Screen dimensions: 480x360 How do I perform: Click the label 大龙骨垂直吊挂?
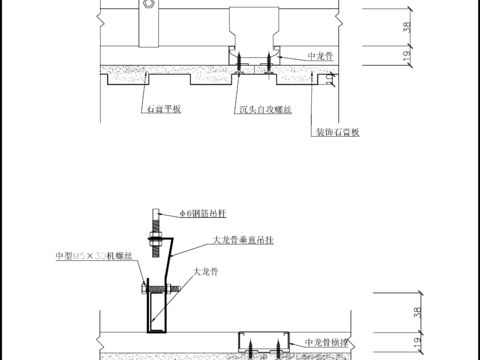[x=245, y=241]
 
